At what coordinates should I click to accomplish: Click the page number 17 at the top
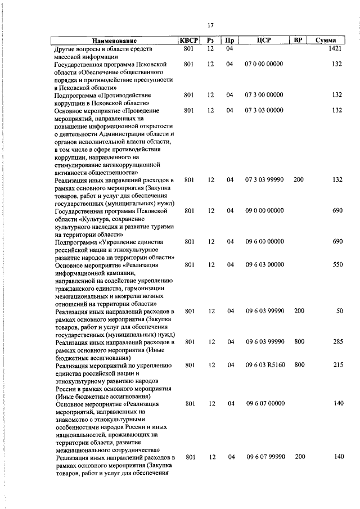pos(210,26)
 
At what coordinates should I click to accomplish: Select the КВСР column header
pos(189,40)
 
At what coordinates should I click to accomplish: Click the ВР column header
pos(299,40)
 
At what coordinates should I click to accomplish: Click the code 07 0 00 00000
pos(264,65)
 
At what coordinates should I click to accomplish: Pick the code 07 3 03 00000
pos(264,111)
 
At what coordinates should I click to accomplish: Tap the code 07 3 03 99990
pos(264,180)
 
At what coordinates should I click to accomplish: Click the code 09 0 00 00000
pos(264,211)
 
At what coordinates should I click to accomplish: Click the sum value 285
pos(337,342)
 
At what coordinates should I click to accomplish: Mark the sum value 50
pos(339,311)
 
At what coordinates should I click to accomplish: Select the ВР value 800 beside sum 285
pos(299,342)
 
